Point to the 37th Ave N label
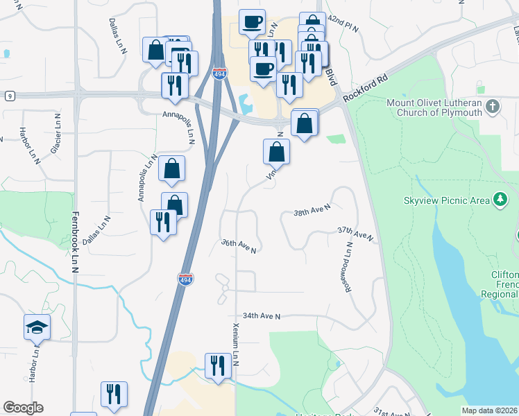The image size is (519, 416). click(355, 233)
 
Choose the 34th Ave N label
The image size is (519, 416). click(261, 316)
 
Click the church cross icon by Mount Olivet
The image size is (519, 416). click(493, 107)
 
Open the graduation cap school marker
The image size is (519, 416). click(37, 327)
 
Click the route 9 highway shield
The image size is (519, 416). click(8, 96)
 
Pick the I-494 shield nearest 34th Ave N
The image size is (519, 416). click(185, 279)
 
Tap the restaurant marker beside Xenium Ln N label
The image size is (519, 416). click(218, 365)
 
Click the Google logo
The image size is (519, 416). click(23, 408)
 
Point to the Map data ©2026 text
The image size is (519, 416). click(490, 410)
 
